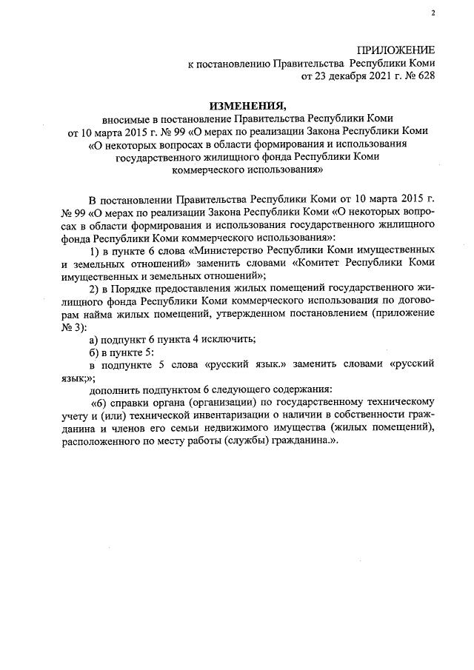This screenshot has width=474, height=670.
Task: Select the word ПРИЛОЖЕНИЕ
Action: pos(395,50)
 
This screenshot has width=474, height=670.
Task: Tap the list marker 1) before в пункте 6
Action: pos(94,251)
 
